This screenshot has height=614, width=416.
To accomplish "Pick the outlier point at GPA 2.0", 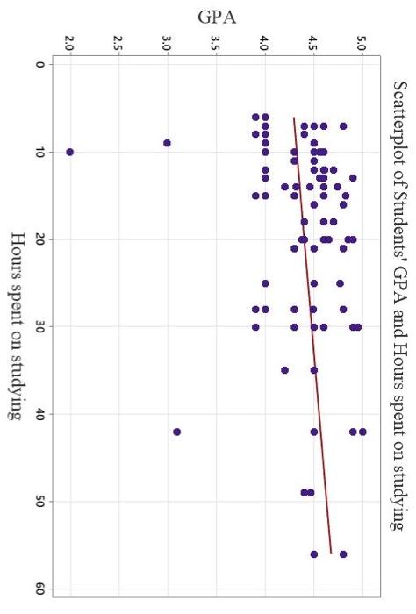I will (x=70, y=152).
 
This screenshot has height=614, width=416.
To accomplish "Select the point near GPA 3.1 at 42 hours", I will (x=177, y=432).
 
